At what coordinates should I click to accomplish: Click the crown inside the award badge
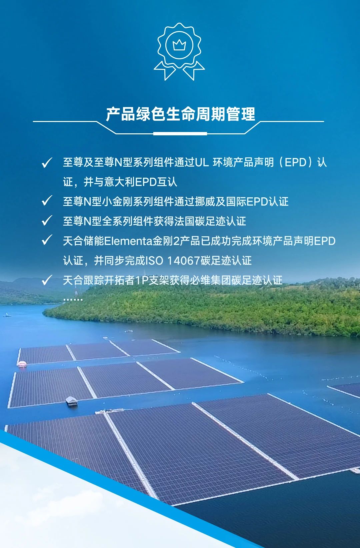pyautogui.click(x=179, y=45)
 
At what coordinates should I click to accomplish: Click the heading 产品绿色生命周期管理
pyautogui.click(x=180, y=114)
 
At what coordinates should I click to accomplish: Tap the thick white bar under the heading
pyautogui.click(x=180, y=134)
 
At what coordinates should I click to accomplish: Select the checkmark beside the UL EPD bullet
pyautogui.click(x=47, y=163)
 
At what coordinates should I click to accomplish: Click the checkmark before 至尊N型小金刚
pyautogui.click(x=47, y=201)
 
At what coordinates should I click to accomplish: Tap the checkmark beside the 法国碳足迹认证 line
pyautogui.click(x=47, y=220)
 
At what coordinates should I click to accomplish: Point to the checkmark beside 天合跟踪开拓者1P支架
pyautogui.click(x=47, y=280)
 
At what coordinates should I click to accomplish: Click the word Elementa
pyautogui.click(x=128, y=241)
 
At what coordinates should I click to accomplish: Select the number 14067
pyautogui.click(x=183, y=261)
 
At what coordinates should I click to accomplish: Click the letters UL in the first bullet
pyautogui.click(x=202, y=162)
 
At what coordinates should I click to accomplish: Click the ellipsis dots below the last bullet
pyautogui.click(x=73, y=299)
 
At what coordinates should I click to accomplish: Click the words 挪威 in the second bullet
pyautogui.click(x=205, y=202)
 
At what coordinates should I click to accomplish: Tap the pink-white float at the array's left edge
pyautogui.click(x=22, y=364)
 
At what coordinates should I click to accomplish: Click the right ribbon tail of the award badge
pyautogui.click(x=193, y=71)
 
